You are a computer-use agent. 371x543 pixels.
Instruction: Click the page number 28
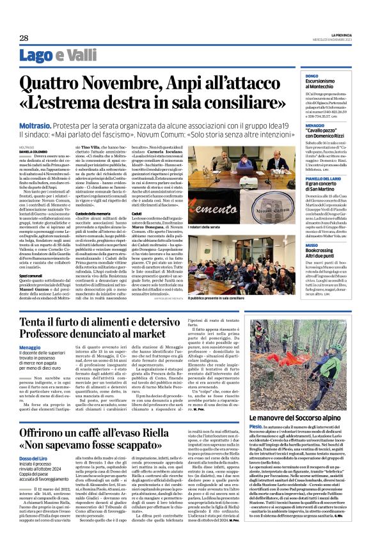point(23,38)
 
